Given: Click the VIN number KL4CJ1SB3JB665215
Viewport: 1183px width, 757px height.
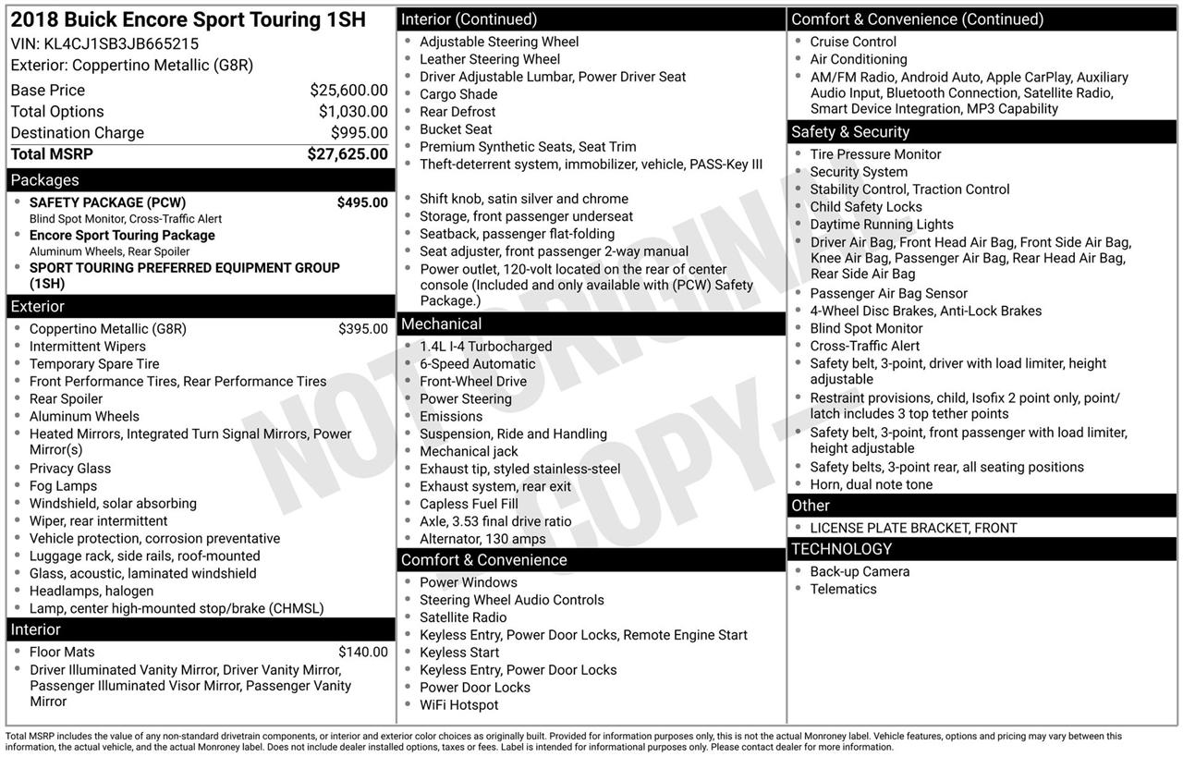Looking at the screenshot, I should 121,43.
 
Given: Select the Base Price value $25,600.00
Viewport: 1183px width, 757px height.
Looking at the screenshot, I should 348,90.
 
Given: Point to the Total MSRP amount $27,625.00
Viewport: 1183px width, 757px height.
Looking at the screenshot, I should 348,154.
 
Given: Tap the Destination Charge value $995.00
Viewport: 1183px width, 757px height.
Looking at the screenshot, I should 359,132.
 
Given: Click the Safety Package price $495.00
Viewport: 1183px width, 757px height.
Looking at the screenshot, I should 362,202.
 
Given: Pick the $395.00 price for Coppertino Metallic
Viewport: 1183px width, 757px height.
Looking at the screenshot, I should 362,329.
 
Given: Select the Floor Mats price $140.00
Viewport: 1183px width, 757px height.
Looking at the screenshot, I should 362,653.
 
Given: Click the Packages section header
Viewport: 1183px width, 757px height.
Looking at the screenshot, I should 44,180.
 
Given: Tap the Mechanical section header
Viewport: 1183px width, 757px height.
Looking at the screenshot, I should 441,324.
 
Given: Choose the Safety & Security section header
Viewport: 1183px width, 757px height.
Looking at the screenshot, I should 849,131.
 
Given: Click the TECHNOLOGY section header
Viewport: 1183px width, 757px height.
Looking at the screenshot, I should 841,549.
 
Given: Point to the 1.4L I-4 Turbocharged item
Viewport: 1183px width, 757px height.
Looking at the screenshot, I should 485,347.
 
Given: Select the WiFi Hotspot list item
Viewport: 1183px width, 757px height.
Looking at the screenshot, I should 458,705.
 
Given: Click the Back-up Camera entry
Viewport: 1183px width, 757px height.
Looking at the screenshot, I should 860,572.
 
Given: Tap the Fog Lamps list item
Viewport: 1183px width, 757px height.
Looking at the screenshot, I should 63,486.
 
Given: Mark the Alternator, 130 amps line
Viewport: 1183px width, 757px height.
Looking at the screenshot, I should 482,539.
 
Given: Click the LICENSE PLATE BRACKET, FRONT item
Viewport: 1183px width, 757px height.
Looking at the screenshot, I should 913,529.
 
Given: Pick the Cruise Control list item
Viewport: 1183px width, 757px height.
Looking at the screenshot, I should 853,42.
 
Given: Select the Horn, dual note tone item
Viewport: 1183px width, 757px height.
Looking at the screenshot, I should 871,484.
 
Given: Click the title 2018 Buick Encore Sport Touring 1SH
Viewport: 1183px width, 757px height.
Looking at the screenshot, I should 188,19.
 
